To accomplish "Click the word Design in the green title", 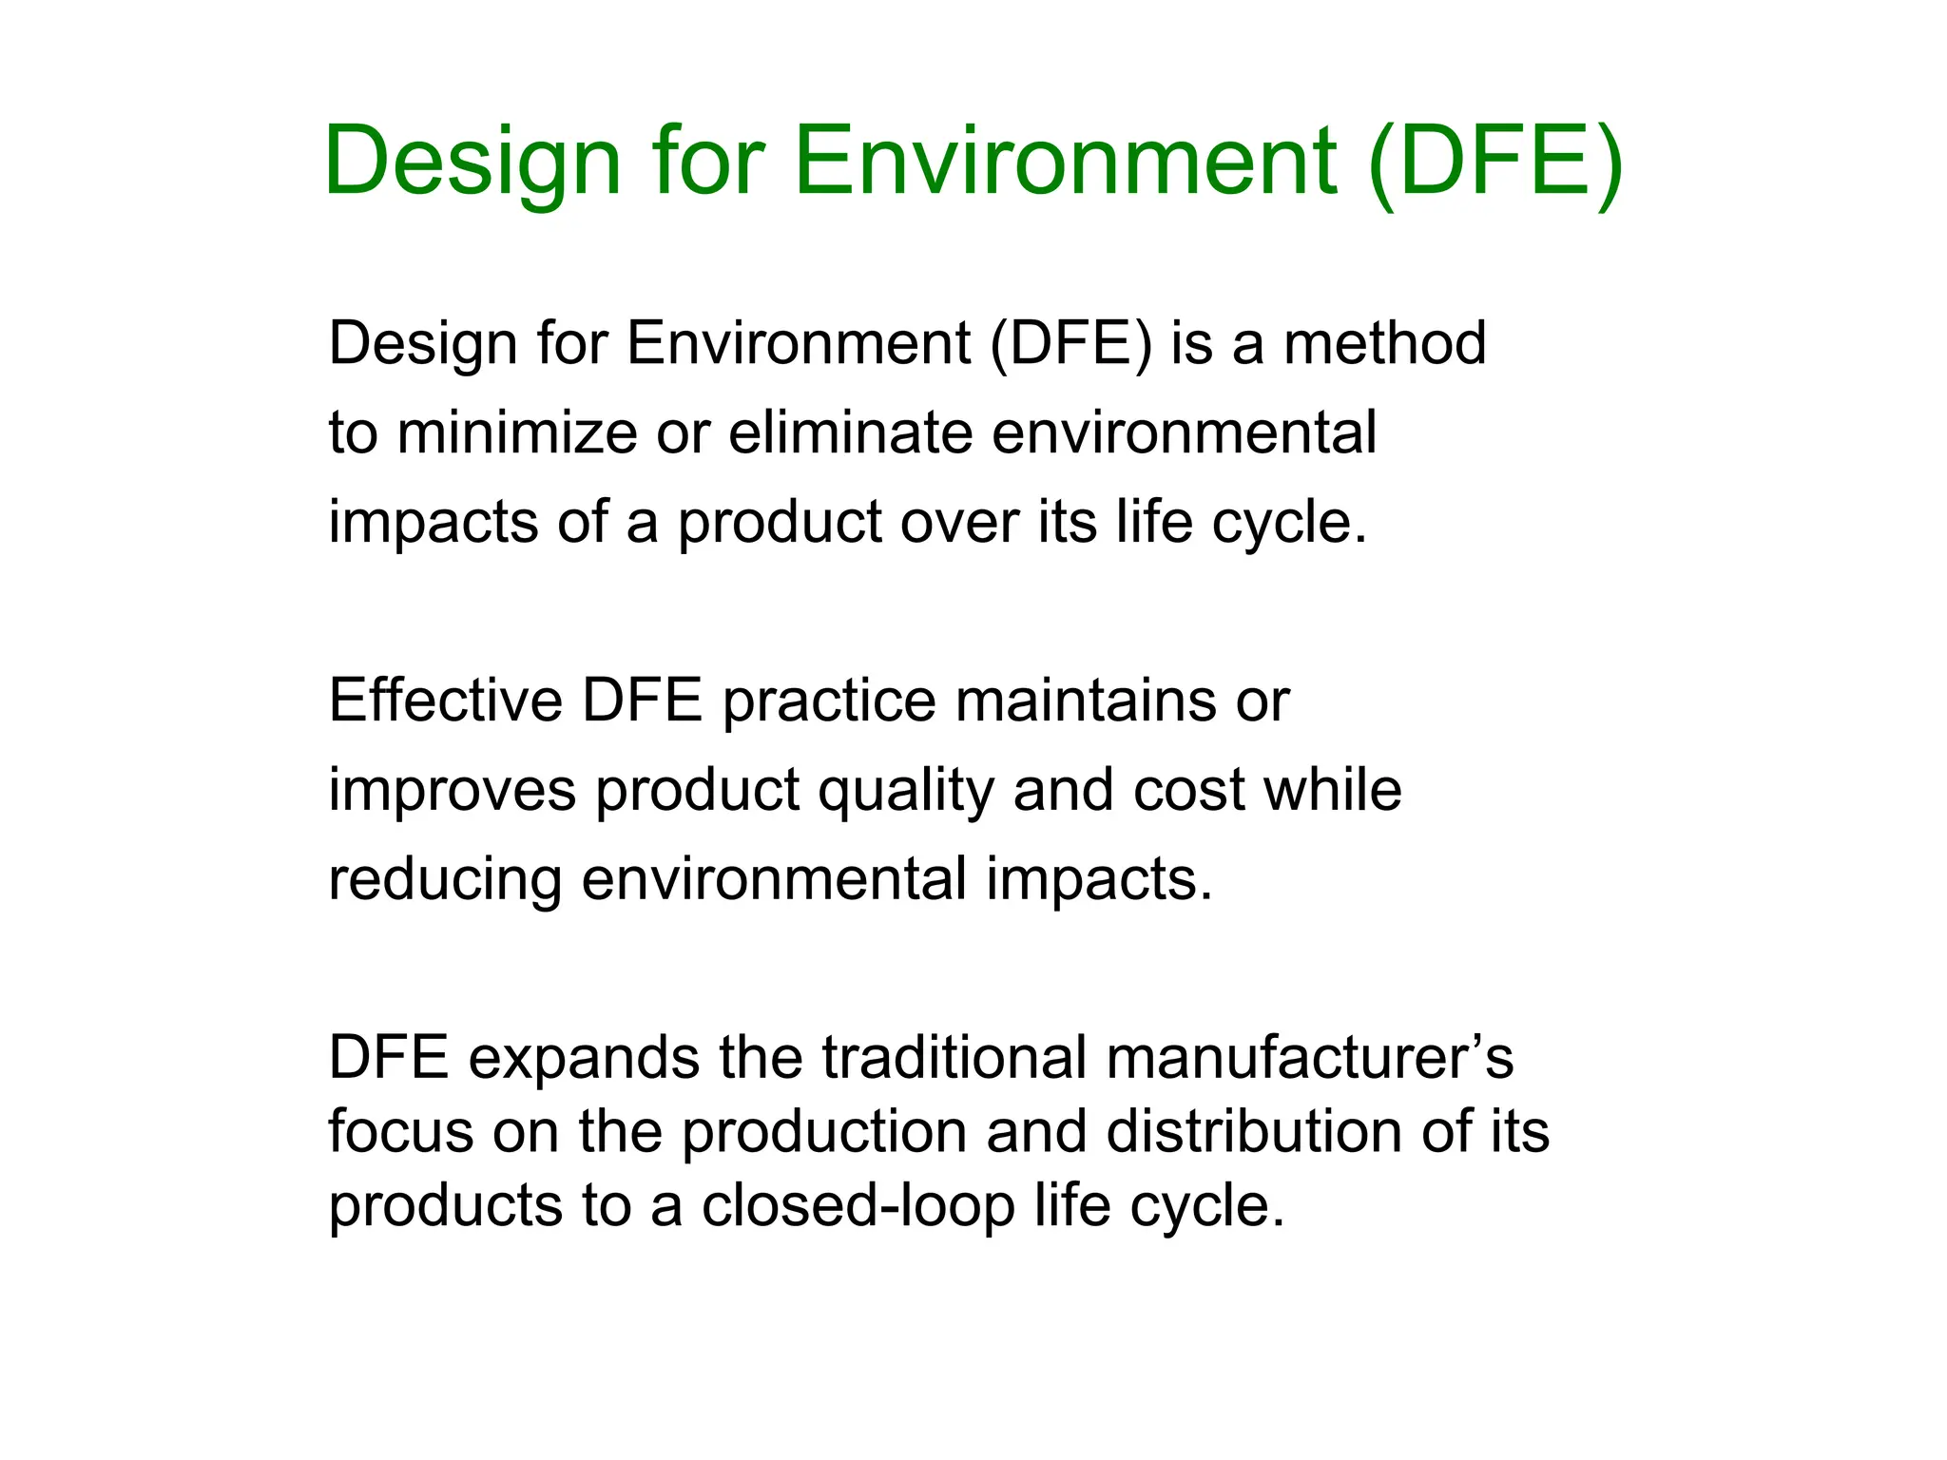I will coord(472,162).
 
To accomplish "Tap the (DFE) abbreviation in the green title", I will coord(1495,162).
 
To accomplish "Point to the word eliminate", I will coord(851,432).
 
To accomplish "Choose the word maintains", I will coord(1086,701).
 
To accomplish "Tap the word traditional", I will coord(954,1058).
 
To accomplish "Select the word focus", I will coord(400,1132).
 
